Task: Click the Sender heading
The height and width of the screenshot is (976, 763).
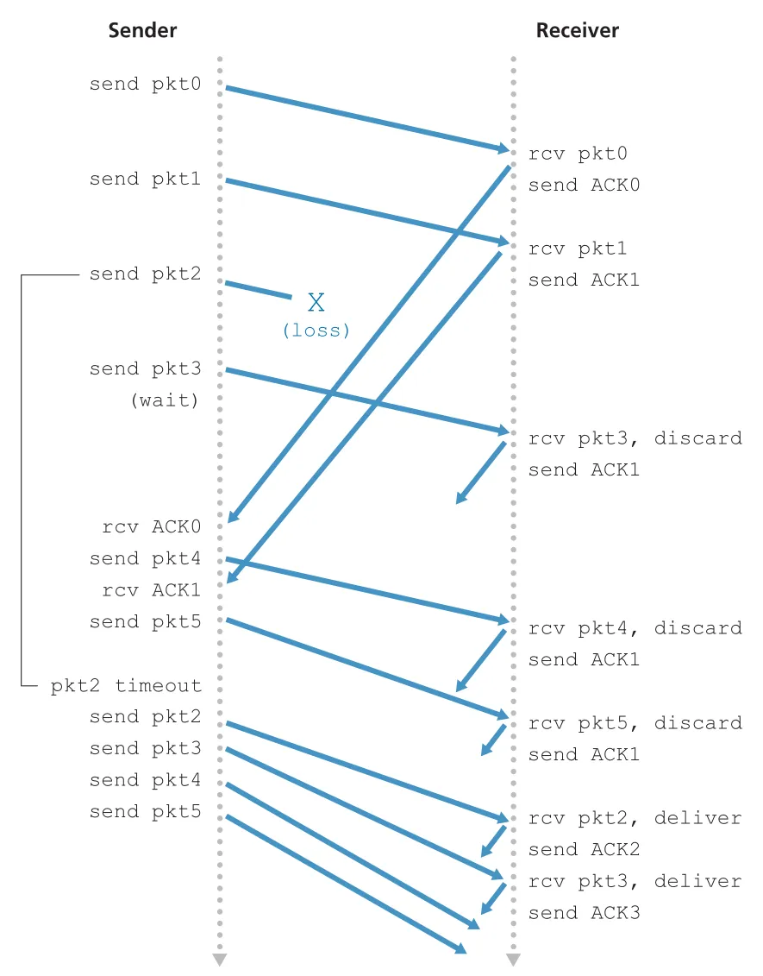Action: tap(142, 30)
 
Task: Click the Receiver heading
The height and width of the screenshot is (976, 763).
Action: tap(577, 30)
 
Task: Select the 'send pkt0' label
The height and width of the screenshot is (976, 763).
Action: tap(145, 84)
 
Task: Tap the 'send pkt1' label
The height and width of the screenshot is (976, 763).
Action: tap(145, 179)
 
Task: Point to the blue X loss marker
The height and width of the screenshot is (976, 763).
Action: tap(316, 303)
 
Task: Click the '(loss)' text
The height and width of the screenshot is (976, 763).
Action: tap(316, 330)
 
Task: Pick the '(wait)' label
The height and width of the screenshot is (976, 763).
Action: tap(165, 400)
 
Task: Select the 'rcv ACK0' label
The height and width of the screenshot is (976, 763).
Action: tap(151, 526)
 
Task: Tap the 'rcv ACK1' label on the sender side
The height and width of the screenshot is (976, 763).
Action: tap(151, 589)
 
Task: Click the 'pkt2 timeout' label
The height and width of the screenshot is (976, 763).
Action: tap(126, 685)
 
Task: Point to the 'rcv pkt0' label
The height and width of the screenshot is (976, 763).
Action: tap(578, 154)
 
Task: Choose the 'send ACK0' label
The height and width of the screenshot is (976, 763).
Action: tap(584, 185)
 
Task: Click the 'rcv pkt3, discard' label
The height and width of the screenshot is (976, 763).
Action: tap(635, 439)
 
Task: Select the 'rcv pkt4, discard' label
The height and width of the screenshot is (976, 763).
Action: tap(635, 629)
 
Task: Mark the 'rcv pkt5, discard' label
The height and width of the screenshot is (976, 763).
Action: tap(635, 723)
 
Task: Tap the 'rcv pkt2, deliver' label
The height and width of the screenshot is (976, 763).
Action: tap(635, 819)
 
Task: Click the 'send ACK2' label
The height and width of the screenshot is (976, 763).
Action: tap(584, 850)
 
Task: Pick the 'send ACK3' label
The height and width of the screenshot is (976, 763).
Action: tap(584, 913)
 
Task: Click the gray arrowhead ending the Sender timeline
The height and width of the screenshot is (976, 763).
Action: tap(220, 960)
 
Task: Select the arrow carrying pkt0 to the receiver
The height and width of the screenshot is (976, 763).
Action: tap(367, 119)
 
